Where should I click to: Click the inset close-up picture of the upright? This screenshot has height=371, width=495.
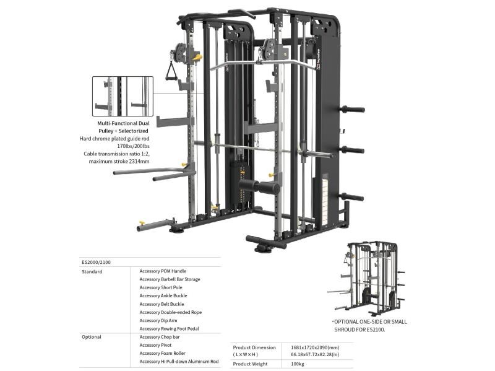pos(122,96)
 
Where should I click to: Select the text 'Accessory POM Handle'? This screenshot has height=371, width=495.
pos(163,271)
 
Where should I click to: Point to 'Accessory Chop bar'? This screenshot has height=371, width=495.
pos(160,337)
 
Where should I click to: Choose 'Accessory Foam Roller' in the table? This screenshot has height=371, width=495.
pos(163,353)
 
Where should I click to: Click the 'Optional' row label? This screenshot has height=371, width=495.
pos(92,337)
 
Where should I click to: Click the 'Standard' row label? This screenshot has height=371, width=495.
pos(92,271)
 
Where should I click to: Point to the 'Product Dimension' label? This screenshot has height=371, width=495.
pos(255,347)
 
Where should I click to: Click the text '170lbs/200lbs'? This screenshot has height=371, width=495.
pos(134,146)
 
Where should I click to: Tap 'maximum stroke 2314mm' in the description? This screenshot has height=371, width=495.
pos(123,162)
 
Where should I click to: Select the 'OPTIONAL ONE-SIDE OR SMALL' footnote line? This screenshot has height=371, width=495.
pos(370,321)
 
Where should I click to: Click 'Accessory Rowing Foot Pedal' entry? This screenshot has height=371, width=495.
pos(169,328)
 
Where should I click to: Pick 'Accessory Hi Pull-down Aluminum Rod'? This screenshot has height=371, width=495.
pos(179,362)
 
